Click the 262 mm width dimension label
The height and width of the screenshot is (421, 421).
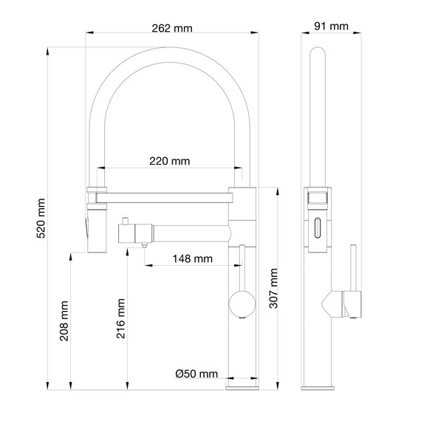(x=171, y=28)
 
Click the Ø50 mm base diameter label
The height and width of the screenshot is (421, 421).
(x=196, y=374)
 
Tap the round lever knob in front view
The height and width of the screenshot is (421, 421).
(x=239, y=303)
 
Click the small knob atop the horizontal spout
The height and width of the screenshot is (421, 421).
(x=126, y=221)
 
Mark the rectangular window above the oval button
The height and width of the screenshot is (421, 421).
(x=318, y=197)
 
